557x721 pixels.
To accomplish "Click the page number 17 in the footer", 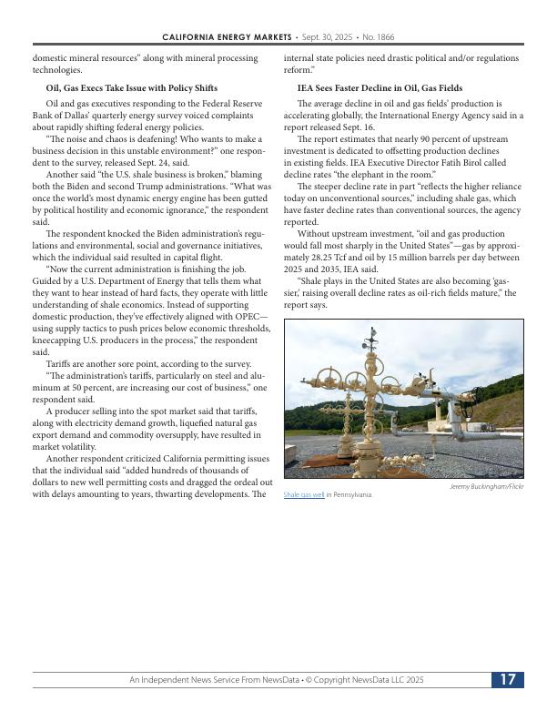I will [x=508, y=680].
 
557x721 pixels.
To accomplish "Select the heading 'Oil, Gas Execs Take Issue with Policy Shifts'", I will [x=131, y=88].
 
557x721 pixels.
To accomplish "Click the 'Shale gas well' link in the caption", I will [x=304, y=494].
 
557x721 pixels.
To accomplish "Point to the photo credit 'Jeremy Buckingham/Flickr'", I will [x=487, y=486].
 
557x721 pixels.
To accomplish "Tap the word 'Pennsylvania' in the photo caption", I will [x=353, y=494].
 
